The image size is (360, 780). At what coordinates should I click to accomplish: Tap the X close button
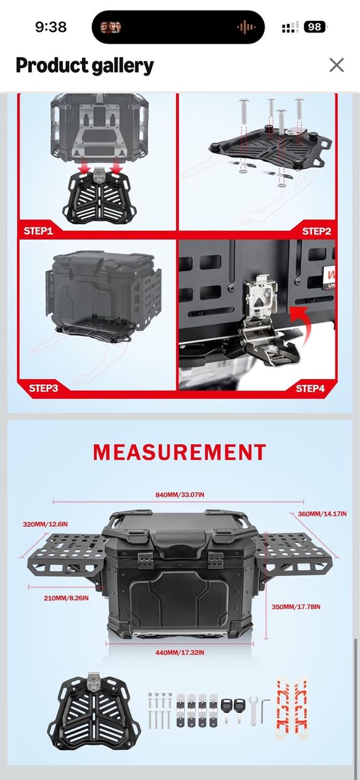[x=337, y=65]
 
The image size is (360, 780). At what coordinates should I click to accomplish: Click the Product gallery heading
[x=84, y=66]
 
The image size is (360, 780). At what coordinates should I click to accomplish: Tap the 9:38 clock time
[x=51, y=27]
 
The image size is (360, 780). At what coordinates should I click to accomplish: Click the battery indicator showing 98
[x=315, y=27]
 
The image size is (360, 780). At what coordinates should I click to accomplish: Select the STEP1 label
[x=38, y=231]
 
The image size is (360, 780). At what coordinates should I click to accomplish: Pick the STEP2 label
[x=316, y=231]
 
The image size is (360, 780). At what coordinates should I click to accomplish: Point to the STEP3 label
[x=44, y=388]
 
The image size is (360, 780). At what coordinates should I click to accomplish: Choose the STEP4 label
[x=310, y=388]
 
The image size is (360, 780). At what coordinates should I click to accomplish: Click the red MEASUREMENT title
[x=179, y=452]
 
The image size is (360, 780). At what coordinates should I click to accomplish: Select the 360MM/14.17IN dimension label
[x=322, y=513]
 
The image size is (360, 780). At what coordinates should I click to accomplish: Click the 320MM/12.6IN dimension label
[x=45, y=524]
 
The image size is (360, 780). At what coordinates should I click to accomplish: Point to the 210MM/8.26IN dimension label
[x=66, y=598]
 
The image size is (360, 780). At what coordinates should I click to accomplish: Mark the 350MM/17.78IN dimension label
[x=296, y=606]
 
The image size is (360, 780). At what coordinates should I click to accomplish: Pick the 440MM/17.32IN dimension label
[x=179, y=652]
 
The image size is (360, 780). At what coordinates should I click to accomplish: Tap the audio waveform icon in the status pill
[x=246, y=27]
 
